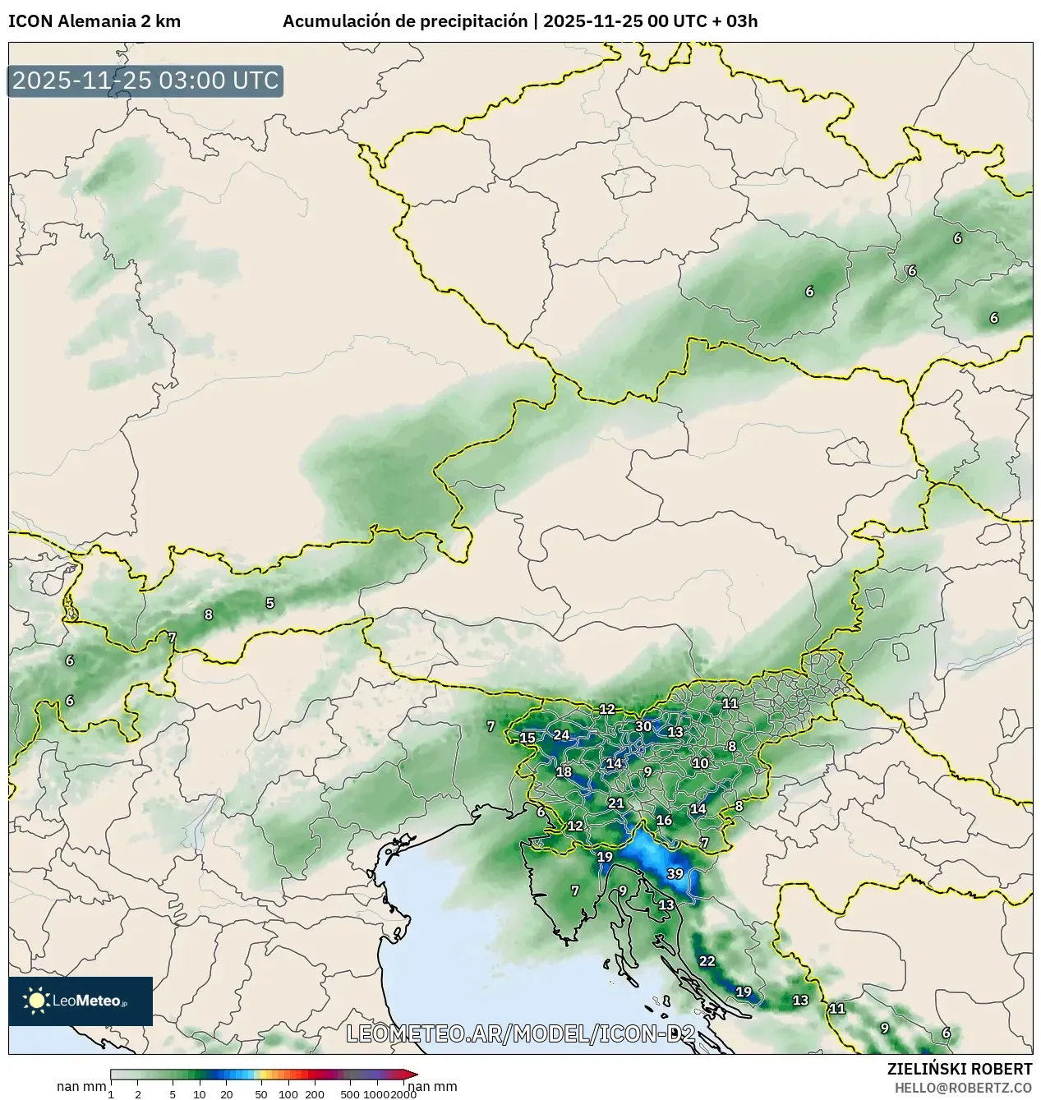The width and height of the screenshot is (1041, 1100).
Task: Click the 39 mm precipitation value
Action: point(675,873)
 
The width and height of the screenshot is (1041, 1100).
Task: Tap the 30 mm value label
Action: point(643,726)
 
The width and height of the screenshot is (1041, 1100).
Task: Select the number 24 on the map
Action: point(561,734)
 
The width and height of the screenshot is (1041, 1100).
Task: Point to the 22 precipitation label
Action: point(707,960)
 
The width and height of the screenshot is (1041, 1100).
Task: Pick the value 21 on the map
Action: point(615,803)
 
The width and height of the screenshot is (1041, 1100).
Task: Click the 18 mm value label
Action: point(564,771)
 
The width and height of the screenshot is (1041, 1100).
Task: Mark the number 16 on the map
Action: point(664,820)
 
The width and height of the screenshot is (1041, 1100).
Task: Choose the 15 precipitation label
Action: point(527,738)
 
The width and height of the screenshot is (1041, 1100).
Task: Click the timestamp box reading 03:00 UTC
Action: point(145,81)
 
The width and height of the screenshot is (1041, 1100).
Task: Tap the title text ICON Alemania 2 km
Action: point(94,21)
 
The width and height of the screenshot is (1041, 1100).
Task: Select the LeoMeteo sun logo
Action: point(37,1000)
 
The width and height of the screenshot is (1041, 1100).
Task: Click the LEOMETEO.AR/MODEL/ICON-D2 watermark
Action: point(521,1033)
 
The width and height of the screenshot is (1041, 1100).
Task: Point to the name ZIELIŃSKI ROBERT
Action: point(959,1069)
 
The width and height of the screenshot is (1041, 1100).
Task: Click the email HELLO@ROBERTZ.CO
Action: point(963,1087)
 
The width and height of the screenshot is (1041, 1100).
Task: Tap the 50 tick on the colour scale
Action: point(261,1093)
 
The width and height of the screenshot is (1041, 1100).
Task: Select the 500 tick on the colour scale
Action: point(350,1093)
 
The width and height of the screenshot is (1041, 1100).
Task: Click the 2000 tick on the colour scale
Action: point(403,1093)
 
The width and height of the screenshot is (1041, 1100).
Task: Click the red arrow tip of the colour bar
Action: point(412,1075)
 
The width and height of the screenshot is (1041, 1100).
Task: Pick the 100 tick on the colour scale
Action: point(288,1093)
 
